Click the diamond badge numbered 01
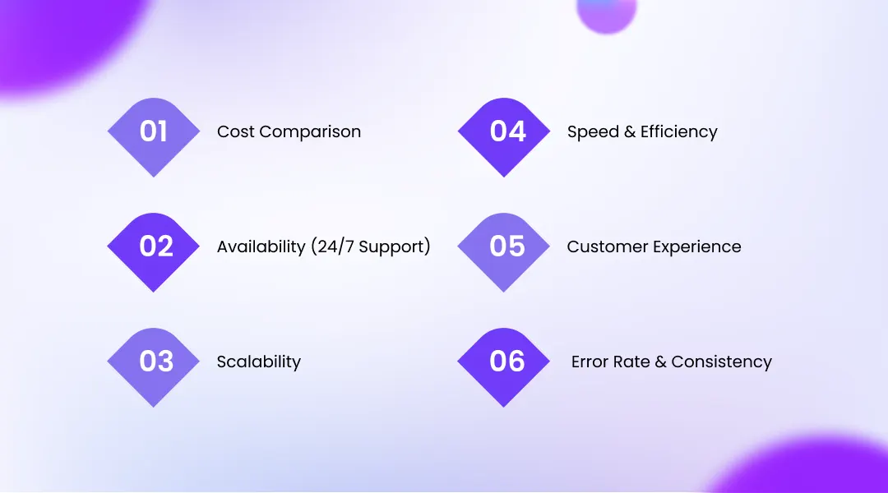tap(154, 136)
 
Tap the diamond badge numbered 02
tap(154, 251)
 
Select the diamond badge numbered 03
tap(154, 366)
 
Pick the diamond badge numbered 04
tap(504, 136)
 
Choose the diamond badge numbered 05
tap(504, 251)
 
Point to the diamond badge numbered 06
tap(504, 366)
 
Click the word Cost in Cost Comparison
tap(234, 132)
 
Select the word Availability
tap(261, 247)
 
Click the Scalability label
tap(259, 362)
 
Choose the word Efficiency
tap(678, 132)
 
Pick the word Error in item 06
tap(589, 362)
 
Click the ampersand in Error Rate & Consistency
tap(660, 362)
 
